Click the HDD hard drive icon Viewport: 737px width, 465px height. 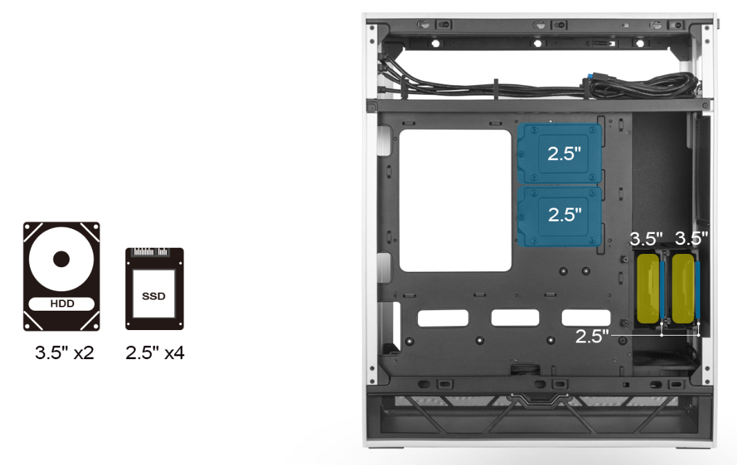click(62, 277)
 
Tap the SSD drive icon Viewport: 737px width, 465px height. click(154, 289)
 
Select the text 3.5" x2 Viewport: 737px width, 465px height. click(64, 353)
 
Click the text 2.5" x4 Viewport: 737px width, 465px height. click(154, 353)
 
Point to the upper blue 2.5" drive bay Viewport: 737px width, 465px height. click(559, 154)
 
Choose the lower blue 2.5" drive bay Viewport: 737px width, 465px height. click(559, 217)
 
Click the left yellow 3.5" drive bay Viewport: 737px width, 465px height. click(648, 289)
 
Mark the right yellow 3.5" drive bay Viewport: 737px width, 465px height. click(684, 289)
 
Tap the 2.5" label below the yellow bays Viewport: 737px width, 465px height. click(592, 336)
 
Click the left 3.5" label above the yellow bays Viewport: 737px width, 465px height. click(646, 239)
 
